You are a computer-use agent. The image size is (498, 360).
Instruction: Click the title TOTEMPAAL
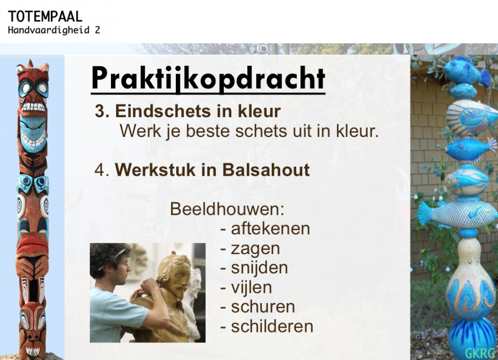[45, 17]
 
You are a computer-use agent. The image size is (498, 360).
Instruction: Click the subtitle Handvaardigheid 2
[54, 30]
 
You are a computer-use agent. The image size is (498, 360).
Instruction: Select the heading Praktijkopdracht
[208, 78]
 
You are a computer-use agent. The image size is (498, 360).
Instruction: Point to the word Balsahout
[266, 170]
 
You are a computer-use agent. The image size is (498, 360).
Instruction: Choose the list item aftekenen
[270, 228]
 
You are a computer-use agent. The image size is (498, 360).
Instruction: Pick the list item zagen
[255, 249]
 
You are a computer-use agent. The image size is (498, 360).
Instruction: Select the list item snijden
[259, 267]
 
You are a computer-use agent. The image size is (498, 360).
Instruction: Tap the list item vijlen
[251, 287]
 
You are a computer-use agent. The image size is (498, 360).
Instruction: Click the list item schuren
[263, 307]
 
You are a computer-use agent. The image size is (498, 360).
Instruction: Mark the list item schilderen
[272, 326]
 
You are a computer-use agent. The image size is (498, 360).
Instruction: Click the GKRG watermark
[480, 353]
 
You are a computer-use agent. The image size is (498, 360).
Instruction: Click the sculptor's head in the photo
[110, 264]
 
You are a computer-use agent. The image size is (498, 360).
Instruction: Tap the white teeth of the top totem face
[33, 107]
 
